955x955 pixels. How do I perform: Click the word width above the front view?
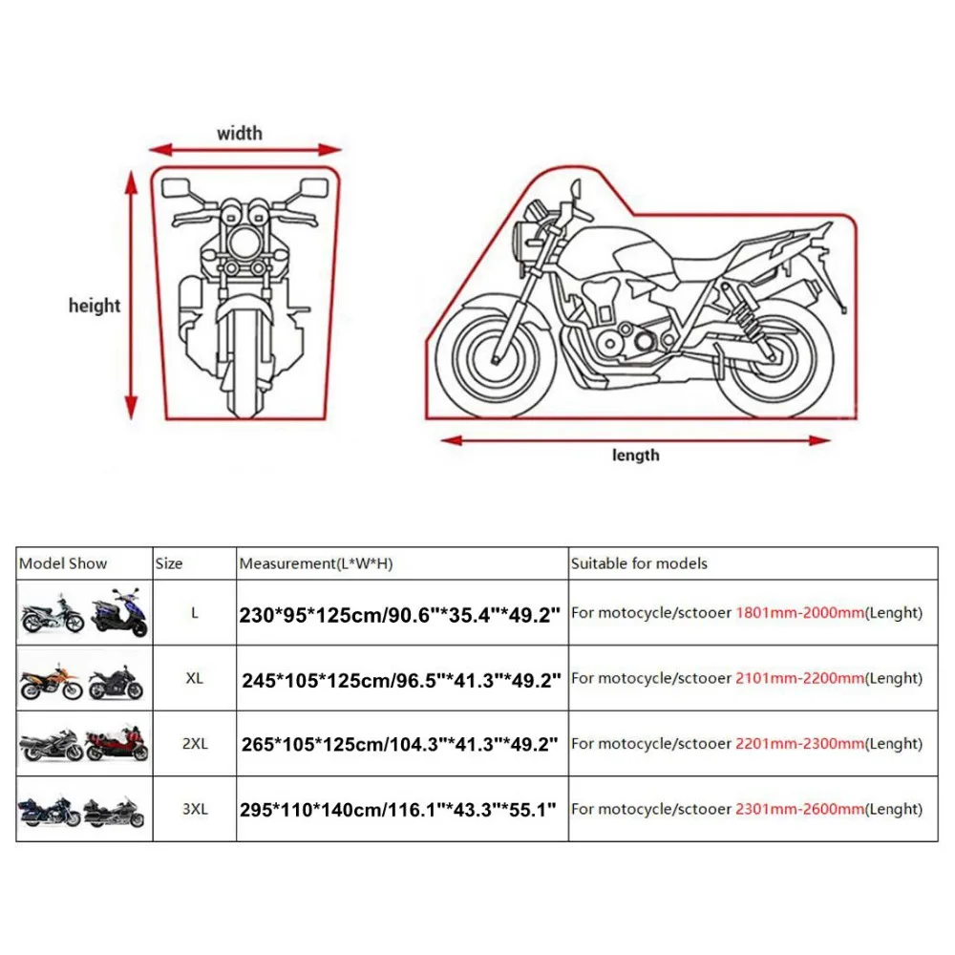tap(240, 134)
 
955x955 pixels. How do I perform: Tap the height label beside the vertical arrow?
tap(95, 306)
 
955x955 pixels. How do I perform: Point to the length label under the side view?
tap(635, 456)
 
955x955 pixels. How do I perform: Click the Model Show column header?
tap(63, 563)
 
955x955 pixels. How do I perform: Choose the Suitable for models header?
tap(639, 563)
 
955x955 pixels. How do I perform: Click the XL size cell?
tap(194, 678)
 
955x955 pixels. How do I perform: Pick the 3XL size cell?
tap(195, 809)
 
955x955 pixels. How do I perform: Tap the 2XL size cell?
tap(195, 744)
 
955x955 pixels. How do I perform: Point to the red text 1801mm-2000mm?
tap(799, 613)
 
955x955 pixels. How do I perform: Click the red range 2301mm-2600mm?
tap(799, 809)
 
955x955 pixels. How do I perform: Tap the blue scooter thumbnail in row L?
tap(119, 612)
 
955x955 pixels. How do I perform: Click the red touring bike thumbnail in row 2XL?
tap(117, 744)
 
